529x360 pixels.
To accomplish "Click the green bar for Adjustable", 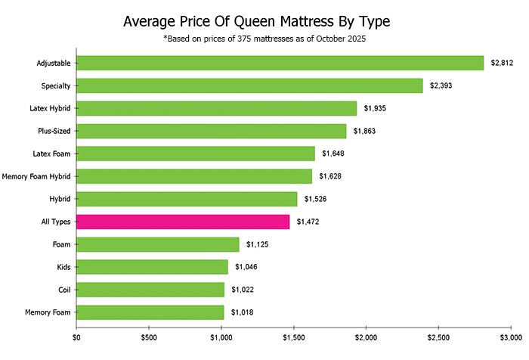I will pyautogui.click(x=280, y=63).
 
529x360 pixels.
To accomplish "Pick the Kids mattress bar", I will pyautogui.click(x=152, y=267).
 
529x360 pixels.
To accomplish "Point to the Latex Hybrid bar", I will pyautogui.click(x=216, y=108).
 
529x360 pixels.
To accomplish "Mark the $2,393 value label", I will pyautogui.click(x=441, y=85).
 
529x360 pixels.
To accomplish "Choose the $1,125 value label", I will pyautogui.click(x=258, y=244).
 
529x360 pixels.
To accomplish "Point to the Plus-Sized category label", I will pyautogui.click(x=54, y=131).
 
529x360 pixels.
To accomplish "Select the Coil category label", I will pyautogui.click(x=63, y=290).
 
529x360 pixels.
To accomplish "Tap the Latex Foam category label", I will pyautogui.click(x=53, y=154).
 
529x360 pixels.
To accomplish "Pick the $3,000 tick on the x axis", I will pyautogui.click(x=511, y=337).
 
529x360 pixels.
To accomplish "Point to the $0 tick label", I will pyautogui.click(x=76, y=337).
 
